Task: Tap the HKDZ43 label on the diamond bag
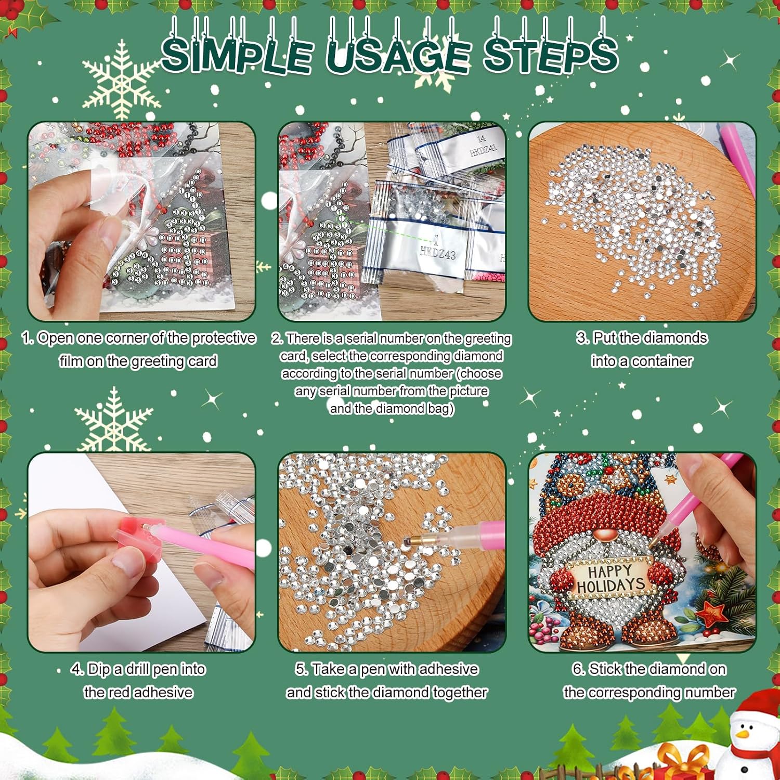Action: point(437,253)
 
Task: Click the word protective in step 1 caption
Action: point(224,339)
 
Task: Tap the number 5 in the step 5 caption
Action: point(301,669)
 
